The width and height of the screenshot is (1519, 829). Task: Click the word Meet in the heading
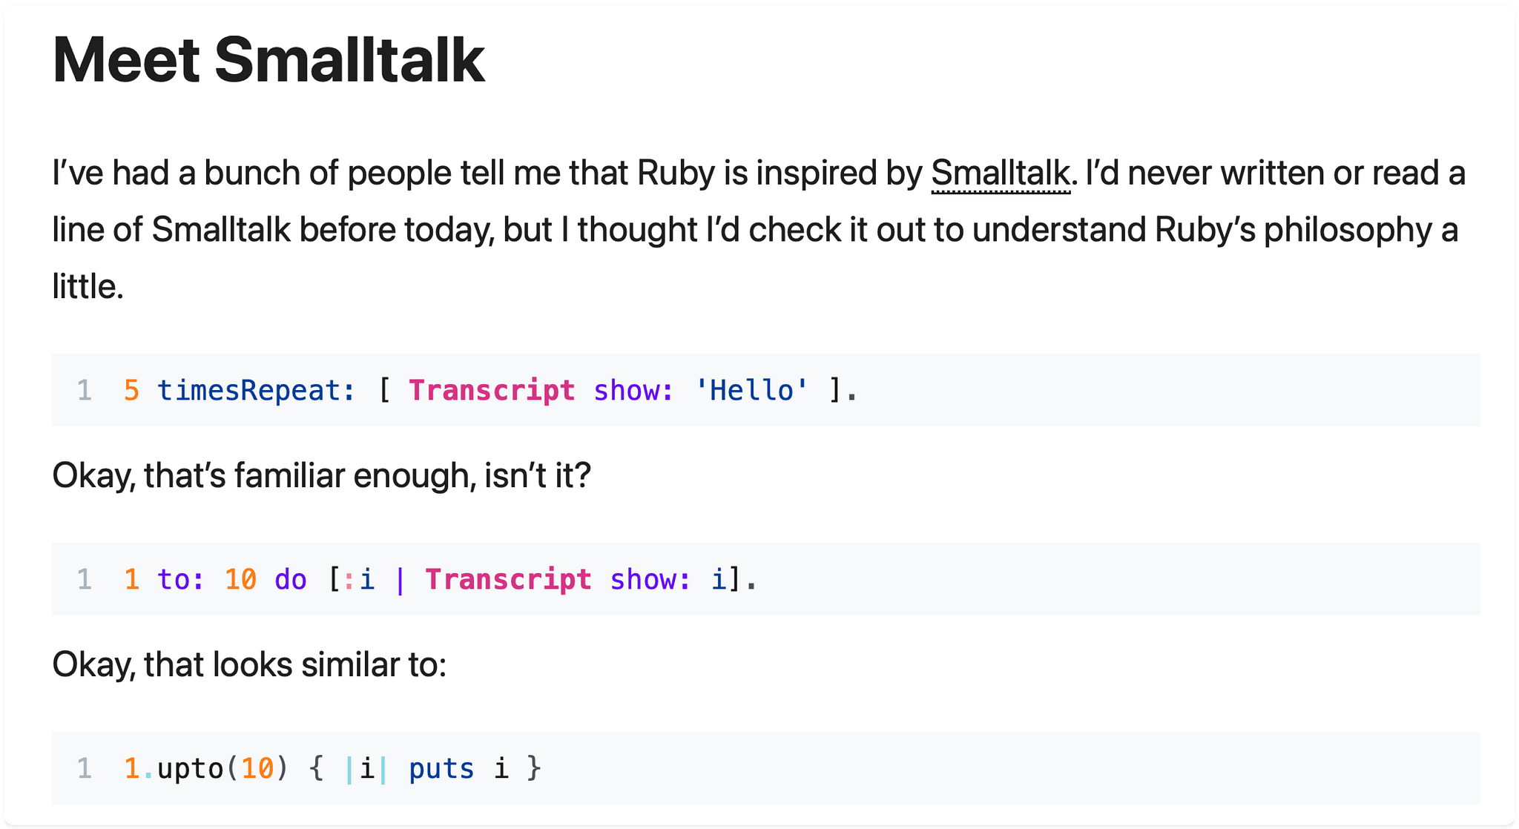click(x=126, y=61)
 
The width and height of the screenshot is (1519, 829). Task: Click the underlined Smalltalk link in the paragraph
click(x=1001, y=174)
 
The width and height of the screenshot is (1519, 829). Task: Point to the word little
click(x=87, y=287)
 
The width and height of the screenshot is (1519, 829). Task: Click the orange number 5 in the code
click(x=131, y=390)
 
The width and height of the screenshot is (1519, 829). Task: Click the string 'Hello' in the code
click(x=751, y=390)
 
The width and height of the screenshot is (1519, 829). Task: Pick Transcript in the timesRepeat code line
click(x=492, y=390)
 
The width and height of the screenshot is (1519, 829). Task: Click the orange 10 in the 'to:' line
click(x=240, y=579)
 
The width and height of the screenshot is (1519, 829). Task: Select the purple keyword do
click(x=290, y=579)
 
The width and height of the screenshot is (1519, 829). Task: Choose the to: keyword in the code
click(x=180, y=579)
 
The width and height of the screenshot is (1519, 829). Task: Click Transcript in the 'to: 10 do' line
click(x=508, y=579)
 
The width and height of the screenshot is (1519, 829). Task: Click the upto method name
click(x=191, y=768)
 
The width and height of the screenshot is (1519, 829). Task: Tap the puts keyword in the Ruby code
click(x=441, y=768)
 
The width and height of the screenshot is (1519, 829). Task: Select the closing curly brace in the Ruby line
click(x=534, y=768)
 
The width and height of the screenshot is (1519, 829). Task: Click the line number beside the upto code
click(x=85, y=768)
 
